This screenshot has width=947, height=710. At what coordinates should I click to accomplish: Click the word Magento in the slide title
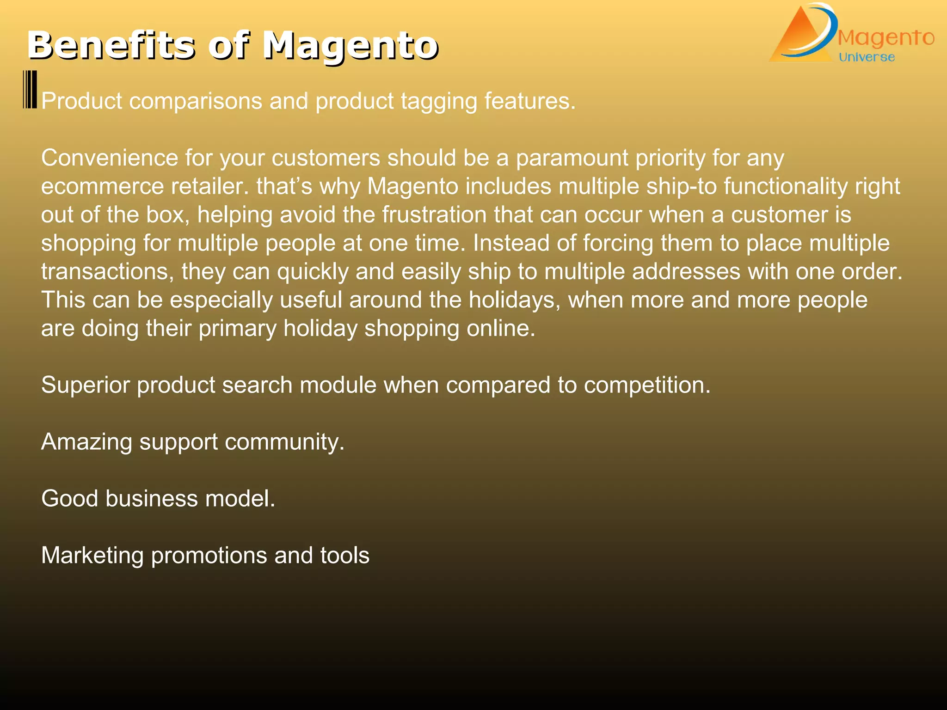351,46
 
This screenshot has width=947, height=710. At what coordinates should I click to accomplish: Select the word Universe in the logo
867,57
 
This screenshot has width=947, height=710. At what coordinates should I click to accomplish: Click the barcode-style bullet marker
30,90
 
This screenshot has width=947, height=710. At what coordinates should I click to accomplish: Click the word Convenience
109,158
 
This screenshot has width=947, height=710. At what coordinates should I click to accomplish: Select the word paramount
572,158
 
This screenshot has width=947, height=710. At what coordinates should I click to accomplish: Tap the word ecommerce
102,187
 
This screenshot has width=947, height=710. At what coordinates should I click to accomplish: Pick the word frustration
434,215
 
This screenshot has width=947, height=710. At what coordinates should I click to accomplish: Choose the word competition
647,385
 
